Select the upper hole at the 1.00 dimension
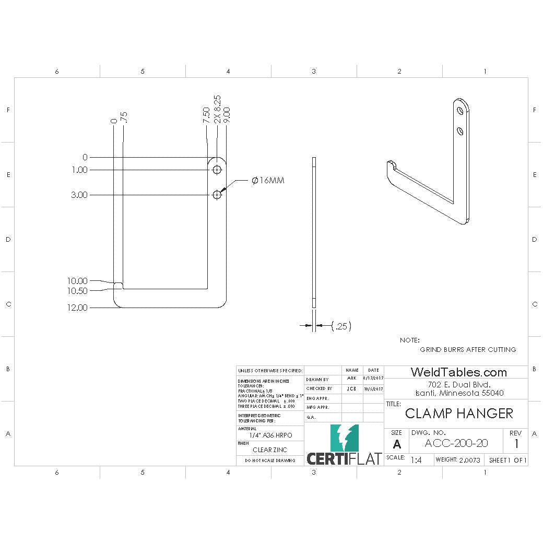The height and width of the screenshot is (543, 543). point(217,170)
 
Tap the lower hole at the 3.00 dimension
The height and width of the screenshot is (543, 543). point(217,195)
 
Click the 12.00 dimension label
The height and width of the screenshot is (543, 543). point(77,308)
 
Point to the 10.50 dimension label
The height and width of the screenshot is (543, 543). point(77,291)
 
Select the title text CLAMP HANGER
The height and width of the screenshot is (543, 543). point(459,414)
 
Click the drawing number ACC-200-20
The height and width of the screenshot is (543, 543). point(456,443)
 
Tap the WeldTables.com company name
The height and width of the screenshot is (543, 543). point(458,372)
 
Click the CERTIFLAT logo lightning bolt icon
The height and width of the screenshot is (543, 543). point(344,438)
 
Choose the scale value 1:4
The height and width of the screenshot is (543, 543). point(416,460)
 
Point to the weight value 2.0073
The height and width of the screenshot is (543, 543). point(469,460)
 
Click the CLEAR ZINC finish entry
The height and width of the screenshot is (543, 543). point(269,450)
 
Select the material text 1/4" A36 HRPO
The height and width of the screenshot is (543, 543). point(270,435)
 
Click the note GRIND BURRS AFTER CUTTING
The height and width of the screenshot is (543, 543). point(468,349)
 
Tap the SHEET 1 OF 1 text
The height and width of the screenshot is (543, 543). point(507,460)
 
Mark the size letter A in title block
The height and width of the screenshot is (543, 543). point(397,444)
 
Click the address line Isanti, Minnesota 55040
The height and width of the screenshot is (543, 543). point(459,393)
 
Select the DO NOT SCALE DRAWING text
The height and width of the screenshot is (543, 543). point(270,461)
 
